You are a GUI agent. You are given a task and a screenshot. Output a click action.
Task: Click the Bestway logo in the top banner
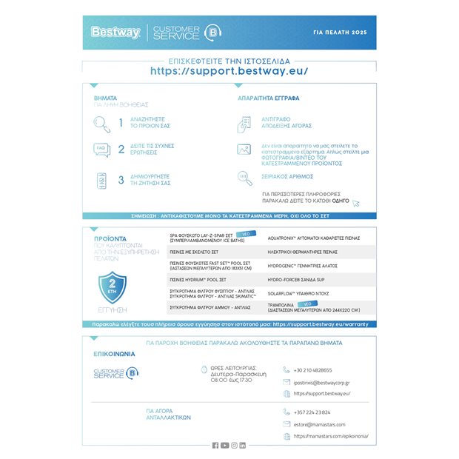pyautogui.click(x=110, y=32)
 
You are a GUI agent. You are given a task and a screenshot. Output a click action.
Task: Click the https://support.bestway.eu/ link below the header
pyautogui.click(x=229, y=72)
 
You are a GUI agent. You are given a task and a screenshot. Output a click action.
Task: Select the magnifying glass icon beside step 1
pyautogui.click(x=101, y=123)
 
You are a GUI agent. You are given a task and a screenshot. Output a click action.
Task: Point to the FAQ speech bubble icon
pyautogui.click(x=101, y=150)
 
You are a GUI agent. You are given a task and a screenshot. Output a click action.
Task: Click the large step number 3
pyautogui.click(x=121, y=180)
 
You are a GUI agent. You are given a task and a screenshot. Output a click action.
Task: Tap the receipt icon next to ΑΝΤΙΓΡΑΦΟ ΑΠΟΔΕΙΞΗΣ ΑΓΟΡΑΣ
pyautogui.click(x=244, y=123)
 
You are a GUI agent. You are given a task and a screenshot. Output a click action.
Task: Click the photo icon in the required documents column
pyautogui.click(x=244, y=150)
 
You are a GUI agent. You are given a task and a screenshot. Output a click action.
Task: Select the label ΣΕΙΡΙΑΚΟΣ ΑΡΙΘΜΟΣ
pyautogui.click(x=287, y=176)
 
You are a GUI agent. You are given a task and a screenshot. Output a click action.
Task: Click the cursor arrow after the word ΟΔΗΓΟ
pyautogui.click(x=356, y=203)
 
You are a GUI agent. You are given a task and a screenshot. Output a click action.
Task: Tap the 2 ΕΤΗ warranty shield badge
pyautogui.click(x=113, y=287)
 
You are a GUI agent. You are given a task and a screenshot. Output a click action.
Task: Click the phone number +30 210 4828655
pyautogui.click(x=312, y=369)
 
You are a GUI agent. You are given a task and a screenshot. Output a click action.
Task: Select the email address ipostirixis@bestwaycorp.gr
pyautogui.click(x=321, y=382)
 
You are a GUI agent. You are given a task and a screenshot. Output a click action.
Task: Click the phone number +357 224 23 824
pyautogui.click(x=312, y=412)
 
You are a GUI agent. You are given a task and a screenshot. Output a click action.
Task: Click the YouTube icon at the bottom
pyautogui.click(x=224, y=445)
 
